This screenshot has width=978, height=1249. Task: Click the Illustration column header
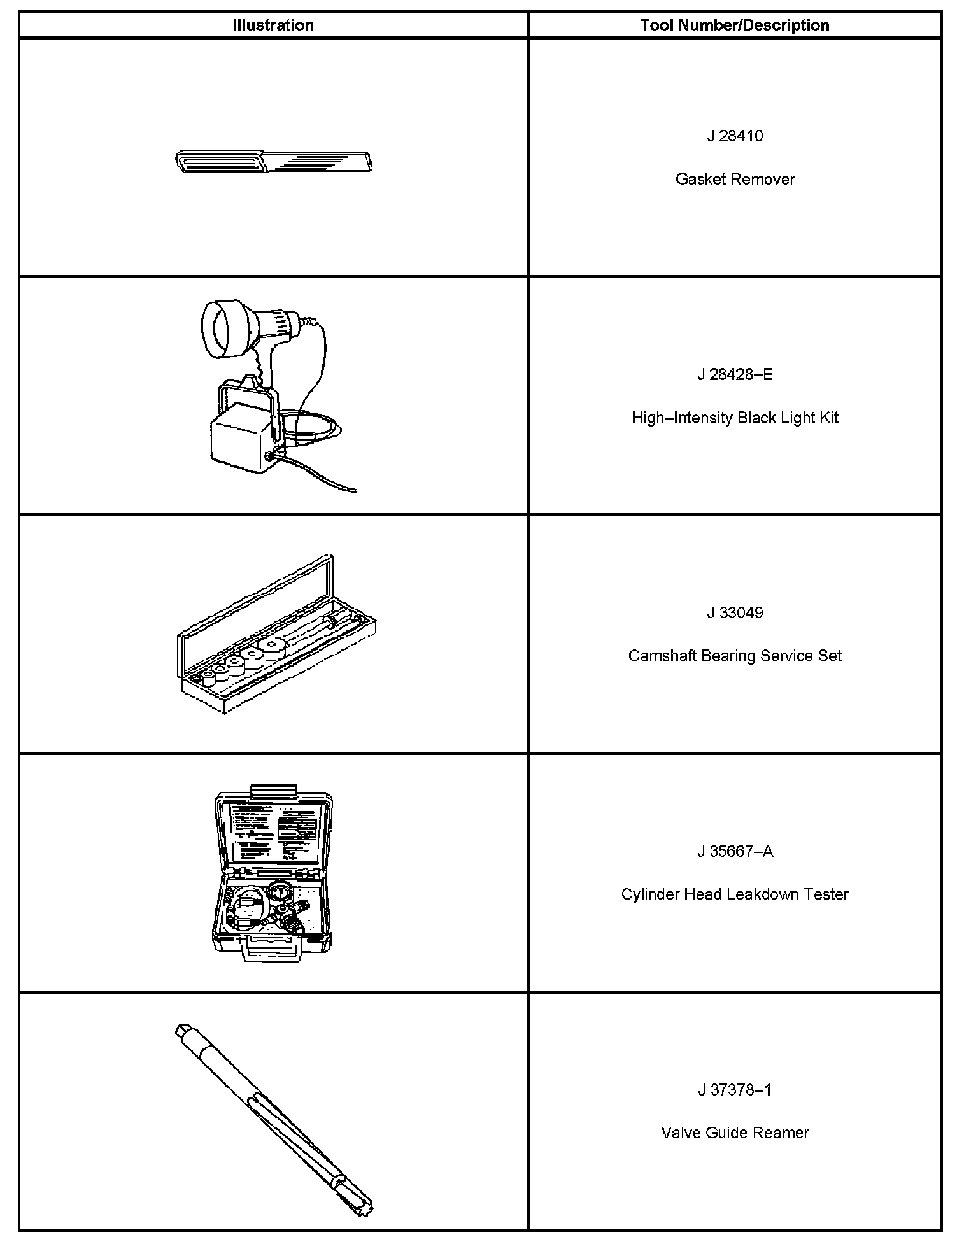click(273, 25)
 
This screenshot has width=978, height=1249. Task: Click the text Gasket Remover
click(735, 180)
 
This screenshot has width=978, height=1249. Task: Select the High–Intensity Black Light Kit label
click(735, 418)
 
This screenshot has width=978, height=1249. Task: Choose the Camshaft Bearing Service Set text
click(735, 656)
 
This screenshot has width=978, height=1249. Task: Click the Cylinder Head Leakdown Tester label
click(735, 894)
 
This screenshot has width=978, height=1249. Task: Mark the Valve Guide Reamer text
click(735, 1133)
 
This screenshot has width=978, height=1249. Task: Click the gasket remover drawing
click(274, 162)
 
